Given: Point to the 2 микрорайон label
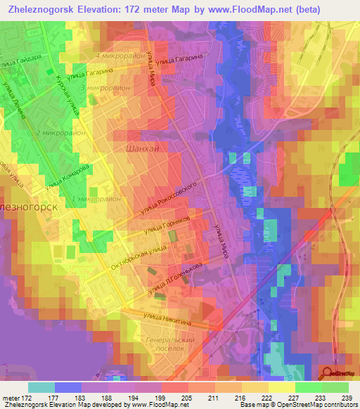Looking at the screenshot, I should tap(59, 132).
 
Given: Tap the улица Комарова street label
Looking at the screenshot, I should tap(67, 178).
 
